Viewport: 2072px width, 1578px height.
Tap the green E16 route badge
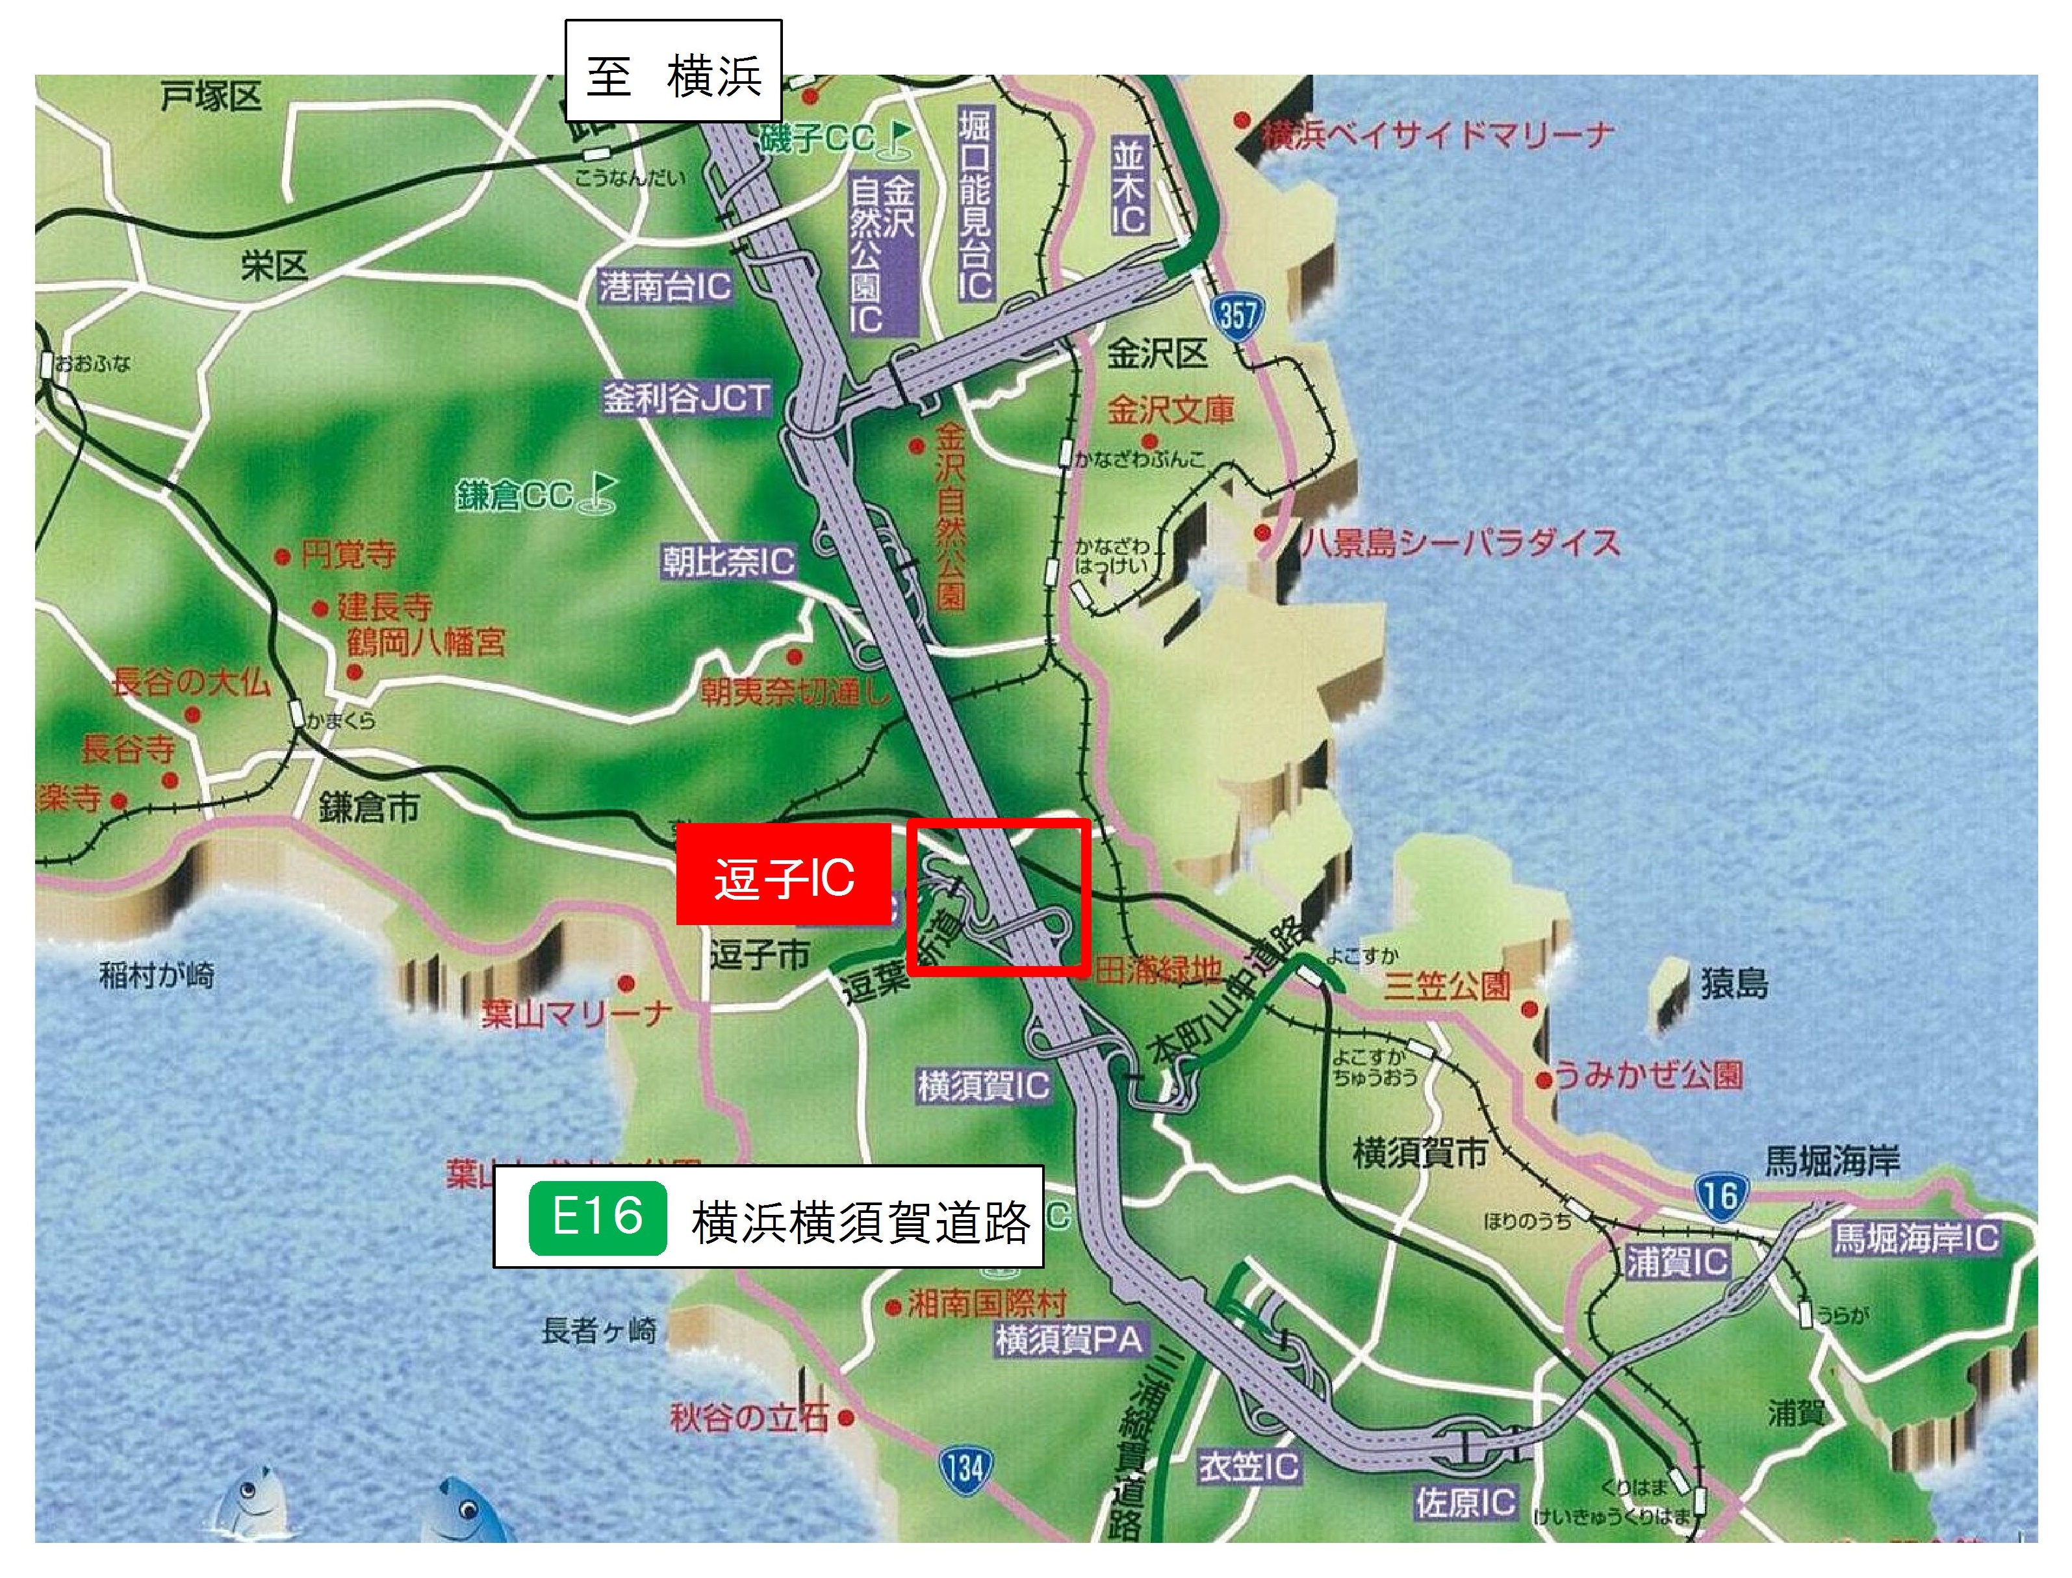pos(597,1218)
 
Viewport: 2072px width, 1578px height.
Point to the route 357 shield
pos(1237,314)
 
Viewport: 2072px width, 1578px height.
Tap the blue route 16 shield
pos(1720,1196)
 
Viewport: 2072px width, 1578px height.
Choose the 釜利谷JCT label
pos(687,399)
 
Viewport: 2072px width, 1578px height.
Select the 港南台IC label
pos(665,286)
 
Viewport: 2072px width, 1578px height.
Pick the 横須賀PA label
pos(1069,1340)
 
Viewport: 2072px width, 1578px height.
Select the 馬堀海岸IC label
pos(1916,1238)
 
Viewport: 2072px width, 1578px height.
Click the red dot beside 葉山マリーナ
pos(626,984)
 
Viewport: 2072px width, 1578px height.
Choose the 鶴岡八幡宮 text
pos(426,643)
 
